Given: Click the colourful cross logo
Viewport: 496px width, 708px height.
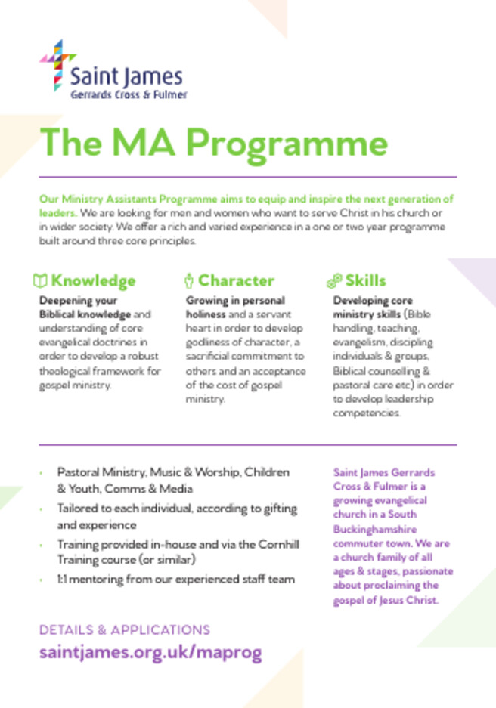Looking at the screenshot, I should pyautogui.click(x=57, y=66).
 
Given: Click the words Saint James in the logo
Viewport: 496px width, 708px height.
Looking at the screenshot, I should pyautogui.click(x=126, y=76).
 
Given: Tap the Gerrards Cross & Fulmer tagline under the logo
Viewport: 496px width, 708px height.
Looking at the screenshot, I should pyautogui.click(x=129, y=94).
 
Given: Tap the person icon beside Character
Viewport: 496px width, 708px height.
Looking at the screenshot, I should pyautogui.click(x=189, y=281).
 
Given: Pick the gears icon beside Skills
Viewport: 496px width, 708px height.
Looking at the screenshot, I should pyautogui.click(x=334, y=281).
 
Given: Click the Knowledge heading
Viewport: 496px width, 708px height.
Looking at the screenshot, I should pyautogui.click(x=93, y=281).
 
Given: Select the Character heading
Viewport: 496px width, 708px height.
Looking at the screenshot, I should pyautogui.click(x=236, y=281).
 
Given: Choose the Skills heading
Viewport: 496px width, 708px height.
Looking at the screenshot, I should pyautogui.click(x=365, y=281).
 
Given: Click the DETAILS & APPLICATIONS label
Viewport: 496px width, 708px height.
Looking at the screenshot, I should pyautogui.click(x=124, y=629).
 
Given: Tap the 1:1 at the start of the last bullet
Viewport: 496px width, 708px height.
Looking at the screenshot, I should pyautogui.click(x=64, y=580).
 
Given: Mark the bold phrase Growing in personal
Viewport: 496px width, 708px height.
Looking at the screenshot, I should pyautogui.click(x=235, y=300).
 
